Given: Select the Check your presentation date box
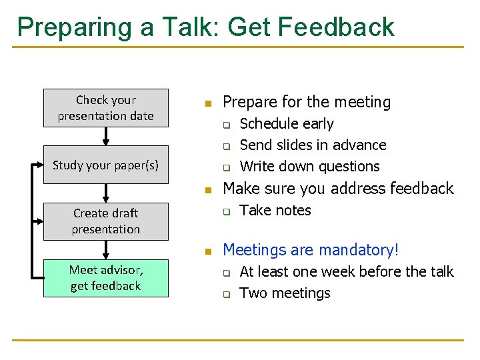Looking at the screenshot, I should click(x=105, y=108).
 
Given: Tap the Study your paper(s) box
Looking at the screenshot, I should click(x=105, y=165).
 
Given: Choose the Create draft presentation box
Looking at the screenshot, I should click(x=105, y=221).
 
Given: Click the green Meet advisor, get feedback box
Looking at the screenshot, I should click(x=105, y=278).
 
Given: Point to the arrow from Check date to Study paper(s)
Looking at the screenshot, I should click(x=105, y=136).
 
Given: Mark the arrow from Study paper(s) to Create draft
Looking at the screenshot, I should click(x=105, y=193).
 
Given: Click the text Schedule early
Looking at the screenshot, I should click(x=286, y=124).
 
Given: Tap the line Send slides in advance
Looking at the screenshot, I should click(x=312, y=145).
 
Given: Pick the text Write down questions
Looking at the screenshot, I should click(x=309, y=167).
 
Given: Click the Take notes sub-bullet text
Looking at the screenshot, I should click(x=275, y=211).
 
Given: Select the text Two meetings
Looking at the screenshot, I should click(x=284, y=293).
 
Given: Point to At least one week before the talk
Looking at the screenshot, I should click(x=345, y=272).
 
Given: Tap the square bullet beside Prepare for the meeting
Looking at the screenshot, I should click(x=207, y=104).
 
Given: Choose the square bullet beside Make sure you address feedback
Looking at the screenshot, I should click(x=207, y=191).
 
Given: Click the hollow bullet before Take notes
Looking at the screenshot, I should click(x=226, y=212).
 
